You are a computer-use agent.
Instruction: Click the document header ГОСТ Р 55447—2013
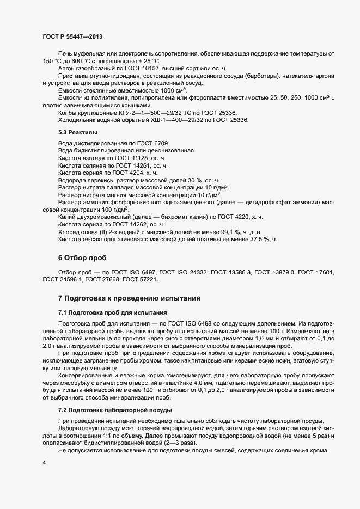[72, 36]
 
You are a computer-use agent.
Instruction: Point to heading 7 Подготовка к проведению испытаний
[130, 298]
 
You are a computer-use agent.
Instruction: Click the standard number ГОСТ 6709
[155, 143]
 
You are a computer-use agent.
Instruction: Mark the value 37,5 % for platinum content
[255, 239]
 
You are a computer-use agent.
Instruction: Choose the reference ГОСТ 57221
[141, 279]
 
